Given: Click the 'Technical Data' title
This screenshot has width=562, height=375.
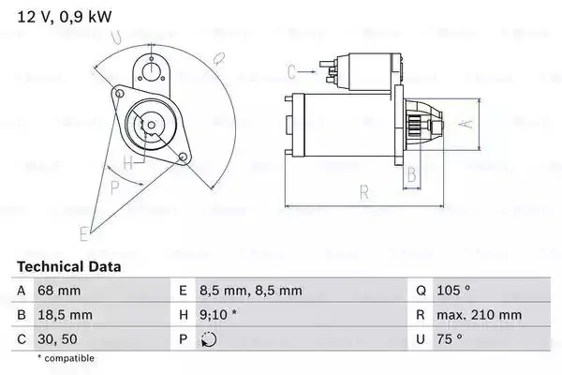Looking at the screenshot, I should (69, 267).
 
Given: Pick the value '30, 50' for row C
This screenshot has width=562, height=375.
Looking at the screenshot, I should (57, 338).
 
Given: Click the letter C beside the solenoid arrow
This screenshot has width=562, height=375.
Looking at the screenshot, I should (292, 70).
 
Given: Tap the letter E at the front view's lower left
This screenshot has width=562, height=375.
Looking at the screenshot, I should (84, 232).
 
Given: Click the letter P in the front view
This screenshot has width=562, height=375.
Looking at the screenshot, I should (115, 187).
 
